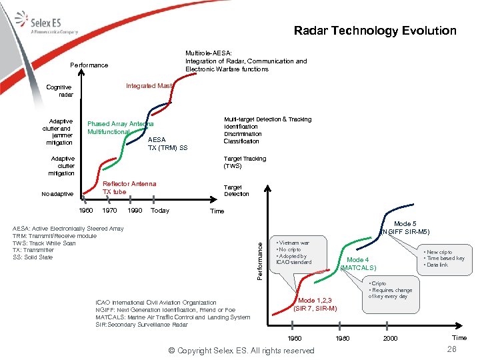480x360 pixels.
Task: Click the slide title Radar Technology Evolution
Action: (x=375, y=31)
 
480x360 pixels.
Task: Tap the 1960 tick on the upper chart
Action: (x=86, y=211)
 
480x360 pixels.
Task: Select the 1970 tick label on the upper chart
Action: (x=110, y=211)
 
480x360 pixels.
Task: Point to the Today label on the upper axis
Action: (x=160, y=211)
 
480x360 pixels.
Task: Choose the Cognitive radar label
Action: (x=59, y=91)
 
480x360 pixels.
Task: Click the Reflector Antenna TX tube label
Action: (x=129, y=188)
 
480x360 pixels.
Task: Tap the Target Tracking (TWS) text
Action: (x=245, y=162)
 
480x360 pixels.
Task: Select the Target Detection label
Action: (x=237, y=191)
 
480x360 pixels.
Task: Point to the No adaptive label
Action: (x=58, y=194)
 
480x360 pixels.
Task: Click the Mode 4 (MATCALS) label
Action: (x=359, y=264)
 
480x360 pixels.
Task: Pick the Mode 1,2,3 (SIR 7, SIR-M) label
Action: (x=315, y=304)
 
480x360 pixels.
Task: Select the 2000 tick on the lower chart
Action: (x=390, y=338)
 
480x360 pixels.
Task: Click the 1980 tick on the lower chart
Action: (x=342, y=338)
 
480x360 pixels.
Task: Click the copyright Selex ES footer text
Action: (x=241, y=351)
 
